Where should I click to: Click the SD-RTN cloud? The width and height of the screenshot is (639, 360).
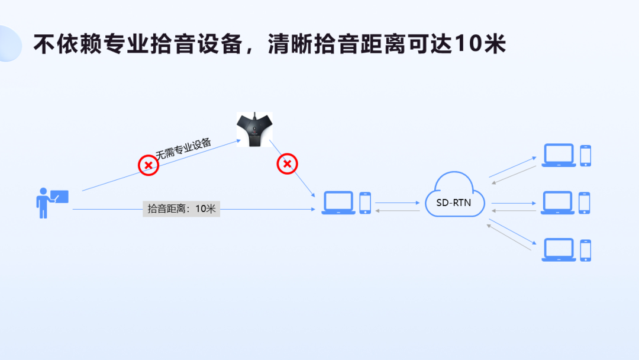point(454,195)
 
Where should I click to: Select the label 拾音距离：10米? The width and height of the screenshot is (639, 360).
point(181,208)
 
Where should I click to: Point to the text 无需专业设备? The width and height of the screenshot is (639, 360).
point(183,148)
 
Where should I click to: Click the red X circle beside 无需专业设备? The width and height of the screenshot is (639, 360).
point(149,165)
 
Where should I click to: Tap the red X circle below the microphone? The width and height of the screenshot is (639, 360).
point(287,163)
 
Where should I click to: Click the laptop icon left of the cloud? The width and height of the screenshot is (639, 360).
point(338,202)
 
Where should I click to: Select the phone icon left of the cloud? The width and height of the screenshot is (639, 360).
point(365,202)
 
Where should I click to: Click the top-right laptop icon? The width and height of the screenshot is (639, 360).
point(559,155)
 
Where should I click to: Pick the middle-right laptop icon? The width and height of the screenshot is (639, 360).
point(558,202)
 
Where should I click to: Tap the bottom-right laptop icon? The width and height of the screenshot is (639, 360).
point(559,250)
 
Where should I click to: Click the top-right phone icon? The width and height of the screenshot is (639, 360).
point(585,155)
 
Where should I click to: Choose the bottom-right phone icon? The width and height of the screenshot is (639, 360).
point(585,250)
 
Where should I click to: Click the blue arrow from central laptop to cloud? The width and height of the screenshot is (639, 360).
point(397,202)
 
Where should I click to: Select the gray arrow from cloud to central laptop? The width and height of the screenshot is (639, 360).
point(397,210)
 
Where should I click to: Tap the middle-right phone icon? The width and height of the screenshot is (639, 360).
point(585,202)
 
